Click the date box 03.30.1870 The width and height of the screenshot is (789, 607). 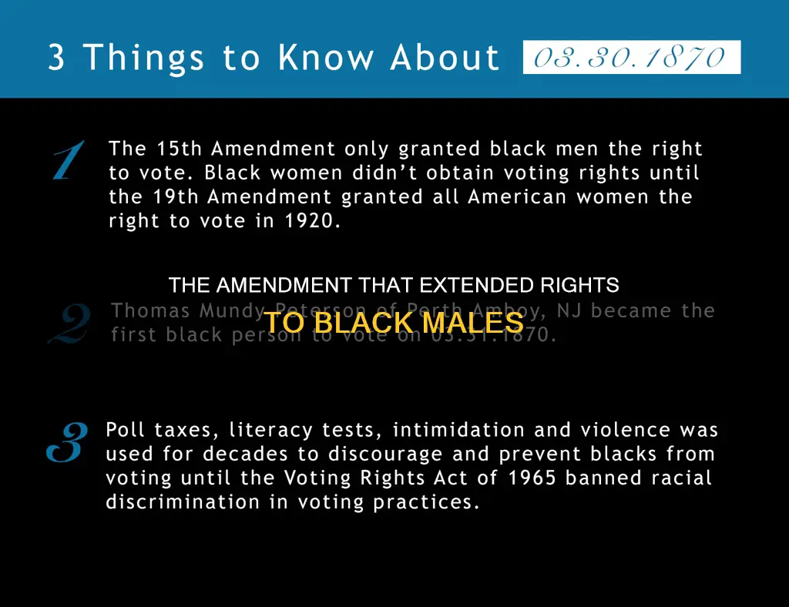[631, 58]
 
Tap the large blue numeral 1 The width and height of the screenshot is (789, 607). [67, 161]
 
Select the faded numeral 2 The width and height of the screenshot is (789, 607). [69, 324]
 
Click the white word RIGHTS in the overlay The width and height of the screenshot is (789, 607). [579, 286]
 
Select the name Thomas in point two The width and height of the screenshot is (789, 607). [151, 311]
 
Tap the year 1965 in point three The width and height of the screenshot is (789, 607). [532, 478]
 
